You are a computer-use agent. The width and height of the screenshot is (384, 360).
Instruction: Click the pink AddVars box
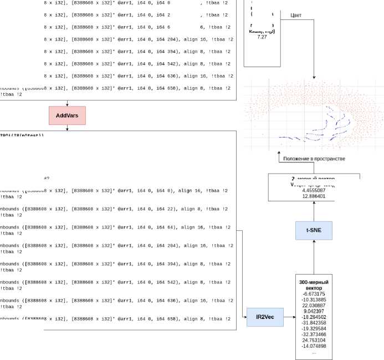(x=67, y=115)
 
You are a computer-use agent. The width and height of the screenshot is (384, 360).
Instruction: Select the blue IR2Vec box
(x=264, y=317)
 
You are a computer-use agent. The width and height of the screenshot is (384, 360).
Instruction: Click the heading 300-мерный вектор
(x=314, y=285)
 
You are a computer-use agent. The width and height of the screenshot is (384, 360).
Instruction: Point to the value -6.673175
(x=314, y=294)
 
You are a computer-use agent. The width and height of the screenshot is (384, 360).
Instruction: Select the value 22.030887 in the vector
(x=314, y=306)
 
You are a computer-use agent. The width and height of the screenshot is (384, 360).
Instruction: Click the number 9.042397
(x=314, y=311)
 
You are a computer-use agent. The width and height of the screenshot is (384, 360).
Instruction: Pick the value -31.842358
(x=314, y=323)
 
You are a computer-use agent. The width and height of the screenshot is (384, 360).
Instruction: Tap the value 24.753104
(x=314, y=340)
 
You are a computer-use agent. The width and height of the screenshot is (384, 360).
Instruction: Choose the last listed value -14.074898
(x=314, y=346)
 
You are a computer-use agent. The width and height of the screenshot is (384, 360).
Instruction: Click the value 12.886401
(x=314, y=196)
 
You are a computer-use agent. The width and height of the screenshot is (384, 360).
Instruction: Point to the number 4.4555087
(x=314, y=190)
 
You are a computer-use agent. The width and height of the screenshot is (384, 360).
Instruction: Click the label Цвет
(x=296, y=15)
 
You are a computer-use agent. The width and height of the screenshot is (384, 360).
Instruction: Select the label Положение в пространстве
(x=314, y=159)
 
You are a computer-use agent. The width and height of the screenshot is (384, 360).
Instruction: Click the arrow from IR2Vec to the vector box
(x=289, y=317)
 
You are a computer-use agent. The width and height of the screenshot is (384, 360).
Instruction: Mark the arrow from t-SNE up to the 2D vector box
(x=314, y=210)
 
